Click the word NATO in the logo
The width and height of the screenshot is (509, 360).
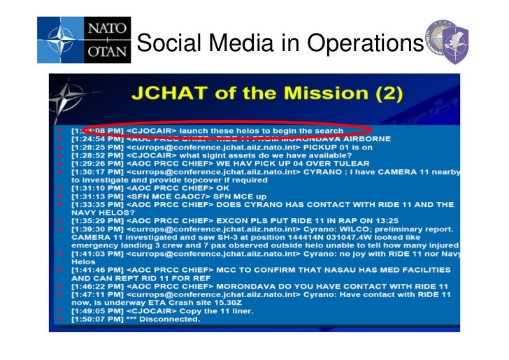tap(108, 29)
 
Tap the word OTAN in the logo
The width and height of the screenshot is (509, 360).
tap(108, 50)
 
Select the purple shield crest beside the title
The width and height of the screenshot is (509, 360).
tap(455, 43)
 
